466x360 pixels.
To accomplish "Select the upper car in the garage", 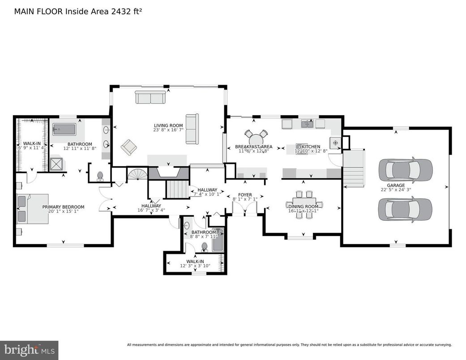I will (405, 169).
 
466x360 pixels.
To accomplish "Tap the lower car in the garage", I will (405, 209).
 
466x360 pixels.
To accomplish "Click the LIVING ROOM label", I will (168, 125).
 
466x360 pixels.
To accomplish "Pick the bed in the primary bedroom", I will (33, 209).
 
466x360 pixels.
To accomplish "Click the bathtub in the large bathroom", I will (65, 130).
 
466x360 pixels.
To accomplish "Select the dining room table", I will (304, 204).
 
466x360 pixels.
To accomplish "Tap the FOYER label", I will (245, 195).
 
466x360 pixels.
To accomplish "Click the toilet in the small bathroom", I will (205, 247).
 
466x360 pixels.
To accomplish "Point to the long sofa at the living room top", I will (150, 97).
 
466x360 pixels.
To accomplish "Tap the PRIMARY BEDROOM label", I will (63, 207).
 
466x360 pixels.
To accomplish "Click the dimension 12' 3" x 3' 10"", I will (195, 266).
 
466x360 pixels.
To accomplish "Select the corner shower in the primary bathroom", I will (57, 164).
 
